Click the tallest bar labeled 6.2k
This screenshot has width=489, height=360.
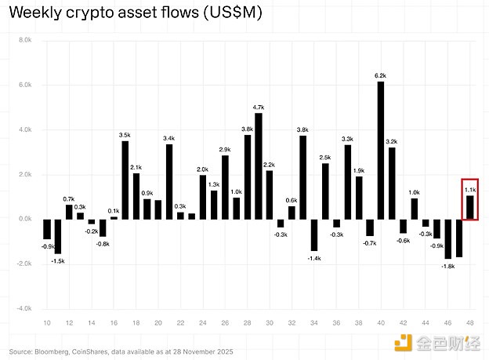(381, 150)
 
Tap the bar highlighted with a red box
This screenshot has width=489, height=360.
(470, 207)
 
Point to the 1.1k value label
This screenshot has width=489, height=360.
(470, 190)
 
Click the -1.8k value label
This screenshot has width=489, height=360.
(448, 266)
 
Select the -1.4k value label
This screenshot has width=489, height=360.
(314, 257)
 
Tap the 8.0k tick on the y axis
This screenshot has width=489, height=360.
(25, 39)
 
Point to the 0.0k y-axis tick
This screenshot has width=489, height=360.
(25, 219)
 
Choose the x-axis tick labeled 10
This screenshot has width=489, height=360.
(46, 323)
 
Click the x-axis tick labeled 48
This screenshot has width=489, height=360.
(470, 323)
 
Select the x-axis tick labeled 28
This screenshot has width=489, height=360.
(247, 323)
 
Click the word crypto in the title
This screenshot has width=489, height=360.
(85, 14)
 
